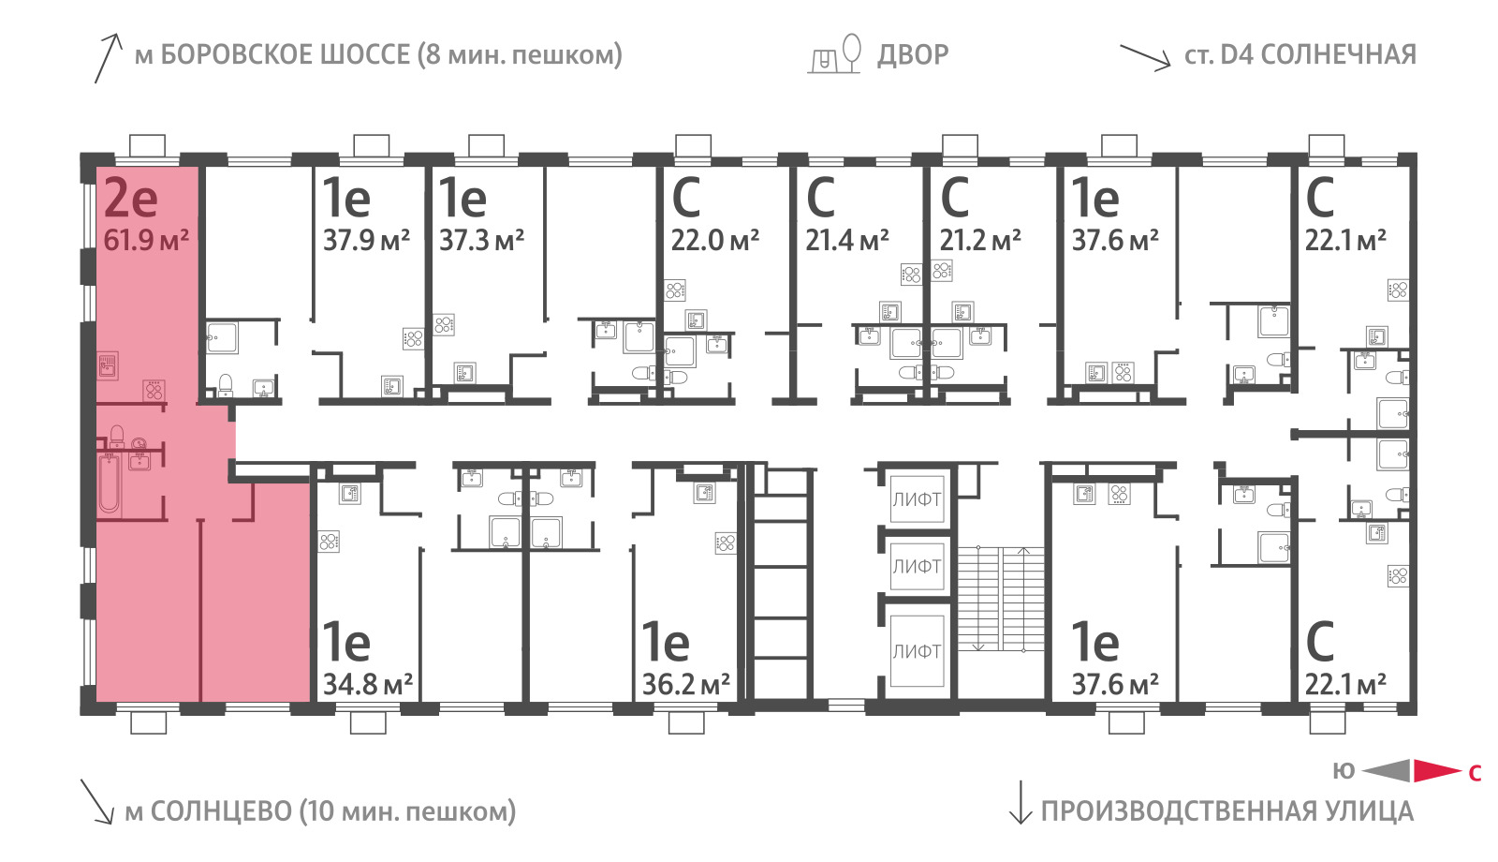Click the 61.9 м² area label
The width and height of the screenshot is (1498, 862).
[x=146, y=240]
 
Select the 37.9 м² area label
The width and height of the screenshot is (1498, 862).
[x=366, y=240]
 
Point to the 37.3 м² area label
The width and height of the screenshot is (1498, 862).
[x=481, y=240]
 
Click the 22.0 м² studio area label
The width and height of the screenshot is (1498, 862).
[x=715, y=240]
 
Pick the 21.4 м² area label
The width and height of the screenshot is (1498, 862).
[x=847, y=240]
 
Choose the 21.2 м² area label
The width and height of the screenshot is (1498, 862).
[x=980, y=240]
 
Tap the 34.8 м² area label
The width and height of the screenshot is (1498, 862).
[x=368, y=684]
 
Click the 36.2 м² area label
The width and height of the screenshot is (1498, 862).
[x=686, y=684]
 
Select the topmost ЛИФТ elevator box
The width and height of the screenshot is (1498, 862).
[x=917, y=499]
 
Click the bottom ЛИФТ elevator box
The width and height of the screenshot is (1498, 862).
[x=917, y=650]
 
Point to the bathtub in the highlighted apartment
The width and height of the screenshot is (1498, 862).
[x=109, y=483]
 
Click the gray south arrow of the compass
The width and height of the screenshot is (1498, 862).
[x=1387, y=771]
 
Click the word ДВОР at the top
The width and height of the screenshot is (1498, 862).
[x=913, y=55]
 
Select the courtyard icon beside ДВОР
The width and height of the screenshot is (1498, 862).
[x=834, y=53]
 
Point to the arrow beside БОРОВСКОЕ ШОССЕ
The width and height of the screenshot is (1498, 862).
[x=108, y=58]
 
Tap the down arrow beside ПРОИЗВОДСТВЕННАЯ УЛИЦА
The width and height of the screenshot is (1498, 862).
[x=1020, y=802]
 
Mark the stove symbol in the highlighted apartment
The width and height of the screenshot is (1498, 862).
[x=154, y=390]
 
